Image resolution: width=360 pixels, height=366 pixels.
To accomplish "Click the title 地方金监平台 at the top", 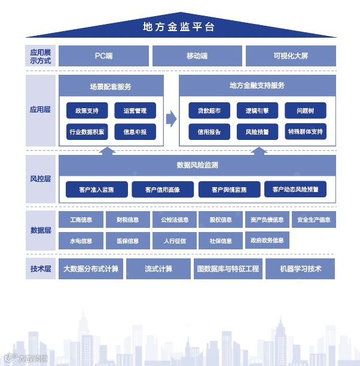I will (179, 27).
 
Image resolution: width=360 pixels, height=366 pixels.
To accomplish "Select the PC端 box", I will (103, 56).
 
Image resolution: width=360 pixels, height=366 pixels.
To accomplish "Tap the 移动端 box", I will (197, 56).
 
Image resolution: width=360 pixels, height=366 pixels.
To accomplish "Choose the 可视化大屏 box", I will (291, 56).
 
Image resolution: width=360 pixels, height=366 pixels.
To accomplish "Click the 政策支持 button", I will (87, 111).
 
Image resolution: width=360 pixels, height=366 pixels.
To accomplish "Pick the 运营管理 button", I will (135, 111).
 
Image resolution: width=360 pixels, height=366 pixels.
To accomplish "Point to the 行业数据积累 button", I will (87, 132).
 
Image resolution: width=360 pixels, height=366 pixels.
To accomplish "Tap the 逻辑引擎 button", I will (257, 111).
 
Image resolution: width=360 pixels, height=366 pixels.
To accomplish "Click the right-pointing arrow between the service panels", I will (172, 118).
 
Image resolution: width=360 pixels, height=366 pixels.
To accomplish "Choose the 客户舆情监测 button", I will (229, 190).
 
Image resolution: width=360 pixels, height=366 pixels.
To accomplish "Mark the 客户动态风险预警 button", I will (295, 190).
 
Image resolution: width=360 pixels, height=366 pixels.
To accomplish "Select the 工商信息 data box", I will (81, 219).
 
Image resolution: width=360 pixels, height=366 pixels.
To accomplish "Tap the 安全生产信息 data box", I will (314, 219).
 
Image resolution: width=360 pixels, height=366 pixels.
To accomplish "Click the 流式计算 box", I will (158, 269).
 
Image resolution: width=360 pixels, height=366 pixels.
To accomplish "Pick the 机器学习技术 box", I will (300, 269).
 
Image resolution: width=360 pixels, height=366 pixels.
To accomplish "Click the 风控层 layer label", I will (41, 179).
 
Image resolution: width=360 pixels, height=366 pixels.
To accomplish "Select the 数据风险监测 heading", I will (197, 165).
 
